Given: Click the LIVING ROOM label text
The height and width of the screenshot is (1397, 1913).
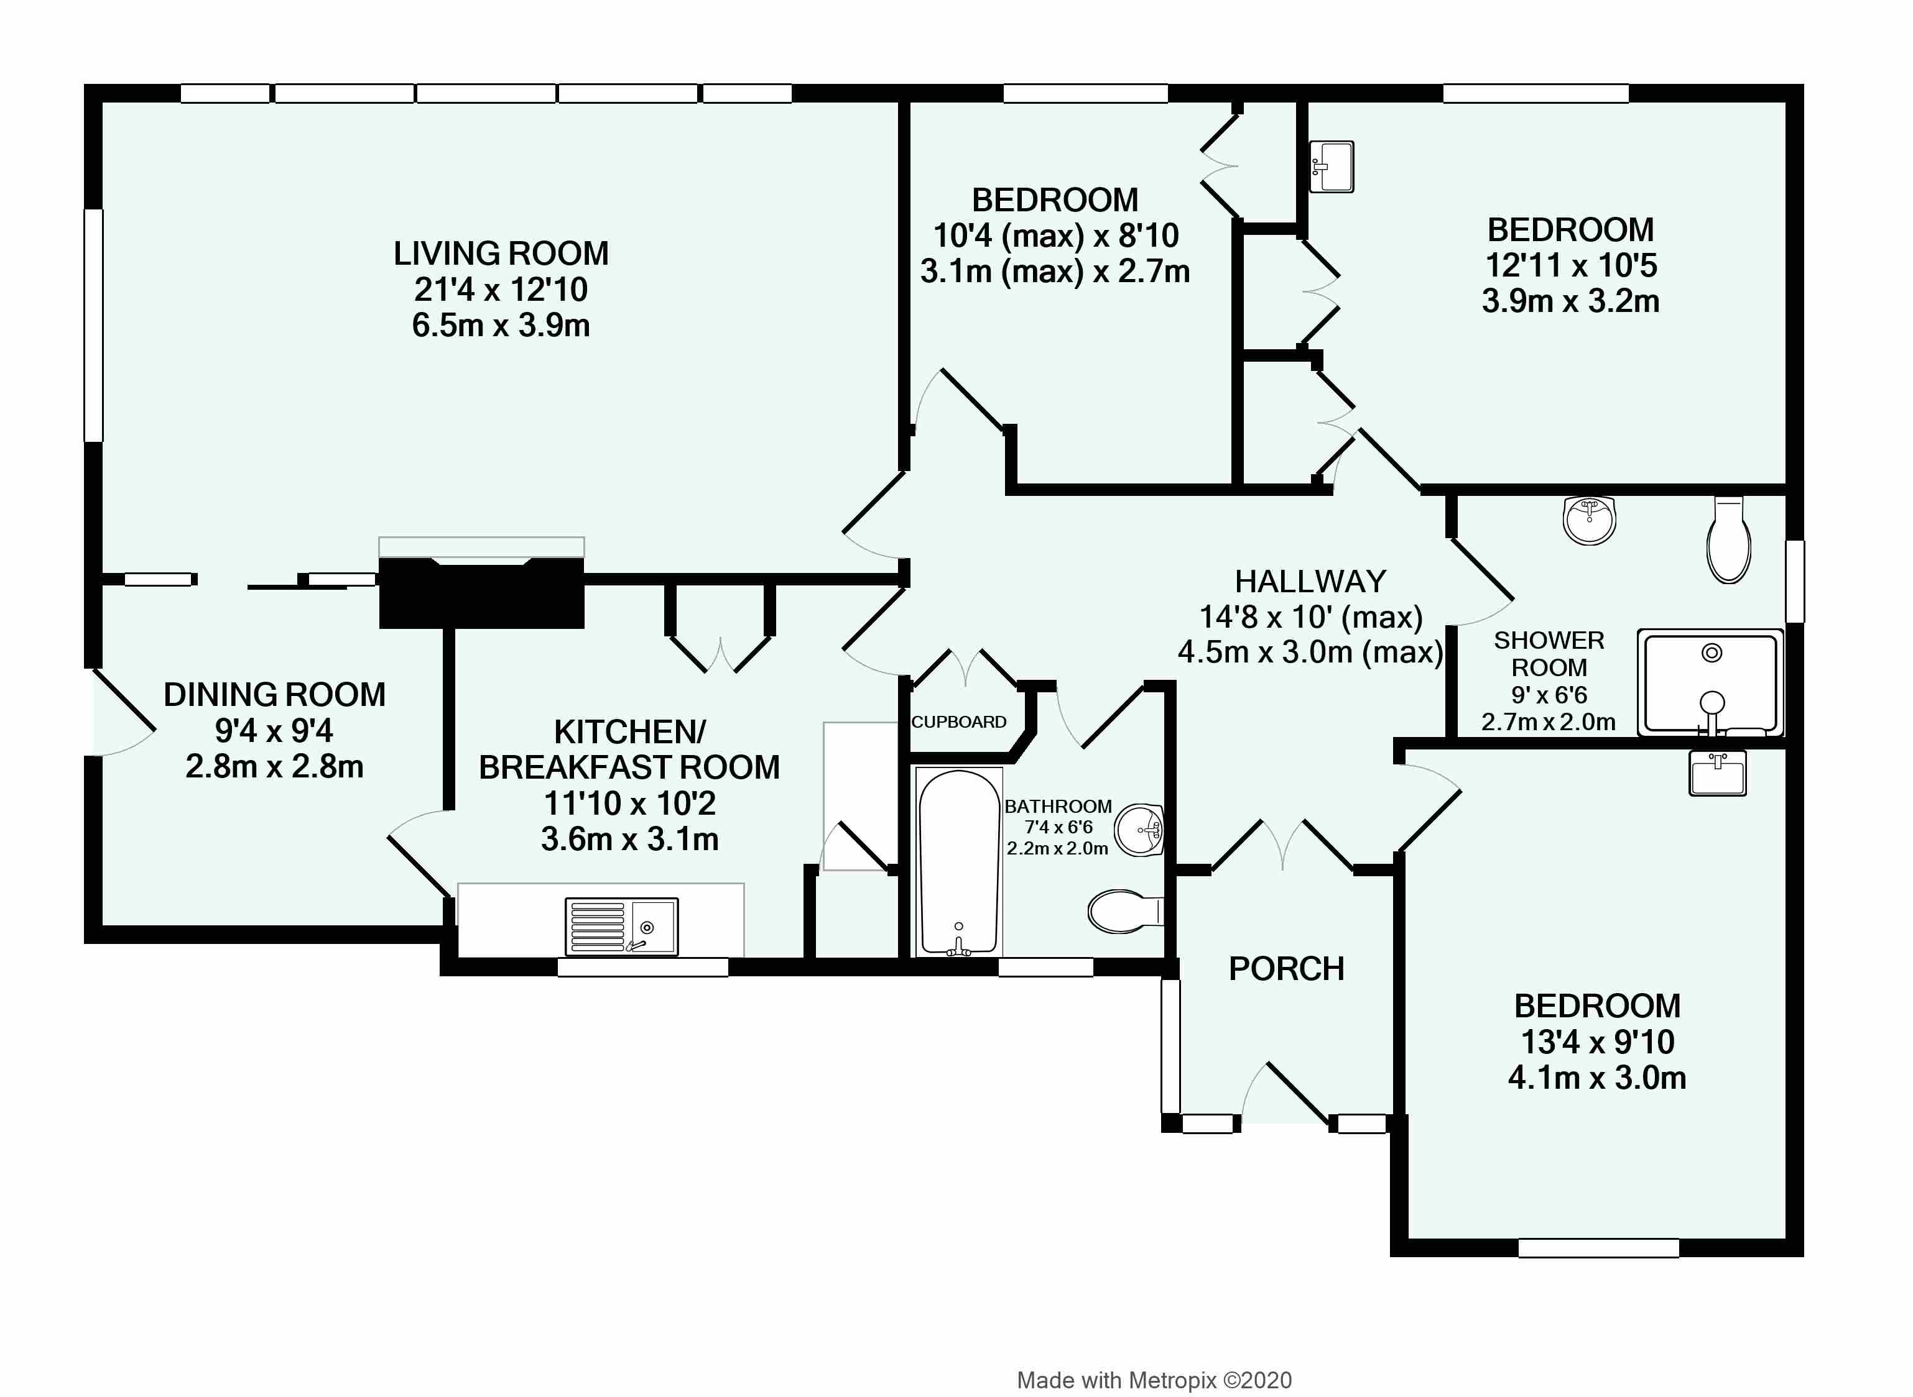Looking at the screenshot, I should click(501, 254).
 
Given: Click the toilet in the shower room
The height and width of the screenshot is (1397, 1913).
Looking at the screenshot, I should click(1728, 541).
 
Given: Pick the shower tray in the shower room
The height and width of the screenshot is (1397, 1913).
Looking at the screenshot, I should click(1710, 682).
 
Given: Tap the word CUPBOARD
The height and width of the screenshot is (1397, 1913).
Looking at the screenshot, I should click(958, 722).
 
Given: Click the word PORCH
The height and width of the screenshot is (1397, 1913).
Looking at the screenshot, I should click(1286, 969).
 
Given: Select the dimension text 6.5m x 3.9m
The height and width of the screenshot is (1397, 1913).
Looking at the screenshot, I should click(501, 326).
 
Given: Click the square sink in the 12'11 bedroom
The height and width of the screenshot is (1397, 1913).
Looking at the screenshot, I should click(1331, 167).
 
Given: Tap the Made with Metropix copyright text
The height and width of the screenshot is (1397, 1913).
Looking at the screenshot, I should click(1154, 1380).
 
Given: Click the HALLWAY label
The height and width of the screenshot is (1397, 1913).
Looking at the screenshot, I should click(1310, 582).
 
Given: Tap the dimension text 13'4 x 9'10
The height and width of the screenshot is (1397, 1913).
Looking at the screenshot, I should click(1598, 1042).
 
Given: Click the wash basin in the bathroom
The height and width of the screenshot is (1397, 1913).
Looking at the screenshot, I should click(1139, 830).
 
